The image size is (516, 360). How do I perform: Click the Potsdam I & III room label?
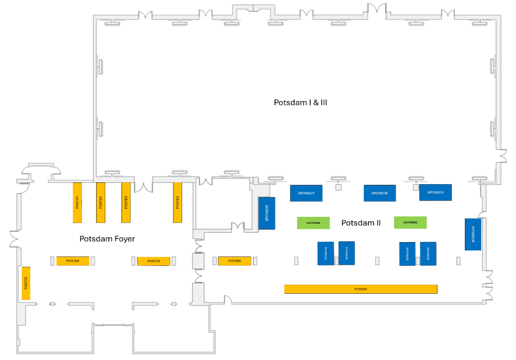pyautogui.click(x=300, y=103)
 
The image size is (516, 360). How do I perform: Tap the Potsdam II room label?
pyautogui.click(x=361, y=223)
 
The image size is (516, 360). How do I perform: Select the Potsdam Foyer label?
pyautogui.click(x=107, y=239)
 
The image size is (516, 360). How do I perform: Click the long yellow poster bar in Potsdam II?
pyautogui.click(x=361, y=289)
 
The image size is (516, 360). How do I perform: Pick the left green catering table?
pyautogui.click(x=313, y=223)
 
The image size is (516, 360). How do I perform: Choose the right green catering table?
pyautogui.click(x=410, y=223)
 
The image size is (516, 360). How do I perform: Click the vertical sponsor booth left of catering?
pyautogui.click(x=267, y=213)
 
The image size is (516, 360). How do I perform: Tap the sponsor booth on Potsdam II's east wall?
pyautogui.click(x=473, y=234)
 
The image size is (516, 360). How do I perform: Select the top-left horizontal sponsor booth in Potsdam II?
pyautogui.click(x=306, y=193)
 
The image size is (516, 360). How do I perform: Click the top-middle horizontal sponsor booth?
pyautogui.click(x=380, y=193)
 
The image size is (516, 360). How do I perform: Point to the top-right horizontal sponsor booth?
pyautogui.click(x=435, y=192)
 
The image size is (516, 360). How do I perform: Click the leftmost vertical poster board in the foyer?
pyautogui.click(x=77, y=202)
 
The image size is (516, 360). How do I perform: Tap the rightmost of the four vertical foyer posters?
pyautogui.click(x=177, y=202)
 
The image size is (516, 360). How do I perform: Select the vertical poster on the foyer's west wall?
pyautogui.click(x=26, y=283)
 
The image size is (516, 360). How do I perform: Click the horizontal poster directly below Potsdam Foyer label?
pyautogui.click(x=153, y=261)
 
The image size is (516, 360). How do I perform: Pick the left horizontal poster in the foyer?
pyautogui.click(x=73, y=261)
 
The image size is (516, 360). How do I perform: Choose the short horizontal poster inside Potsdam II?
pyautogui.click(x=234, y=261)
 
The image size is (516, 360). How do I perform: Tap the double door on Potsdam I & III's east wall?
pyautogui.click(x=503, y=156)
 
